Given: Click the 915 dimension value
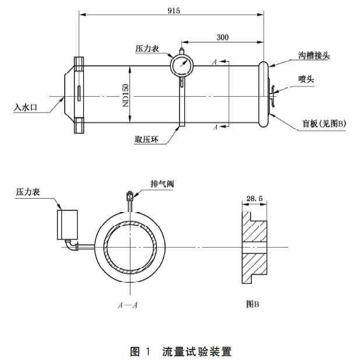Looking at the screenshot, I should coord(174,10).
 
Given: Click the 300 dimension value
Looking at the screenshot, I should coord(222,37).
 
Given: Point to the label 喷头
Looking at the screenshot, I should coord(306,78).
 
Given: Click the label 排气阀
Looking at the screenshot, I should coord(162,183).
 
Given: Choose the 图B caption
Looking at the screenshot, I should coord(253,303).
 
